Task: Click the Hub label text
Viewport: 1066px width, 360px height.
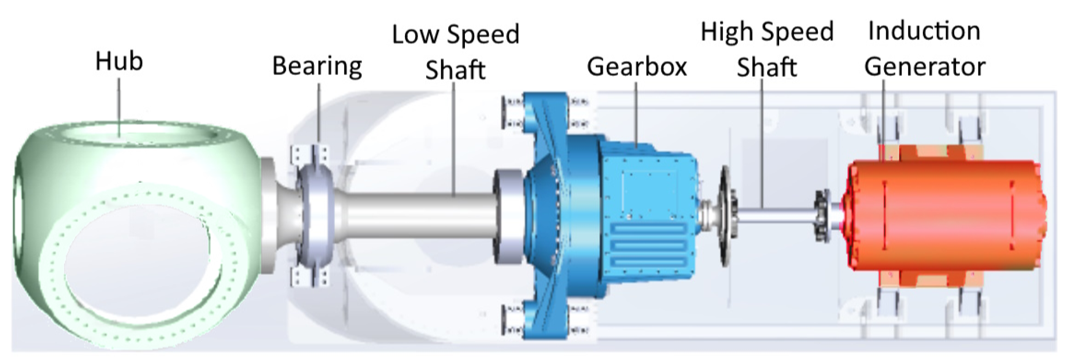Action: [119, 61]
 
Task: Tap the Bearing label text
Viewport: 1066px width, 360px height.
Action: [317, 66]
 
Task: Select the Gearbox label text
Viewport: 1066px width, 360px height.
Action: [637, 66]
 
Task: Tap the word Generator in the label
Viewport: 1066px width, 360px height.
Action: [925, 67]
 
